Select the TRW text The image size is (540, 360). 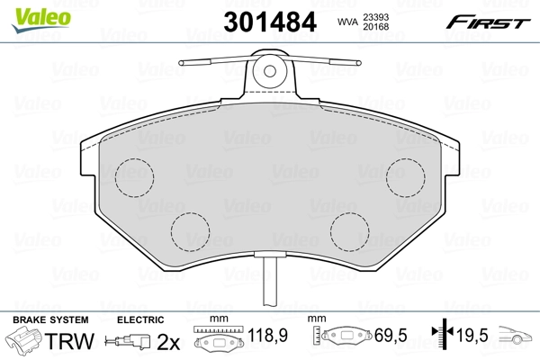(62, 343)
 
